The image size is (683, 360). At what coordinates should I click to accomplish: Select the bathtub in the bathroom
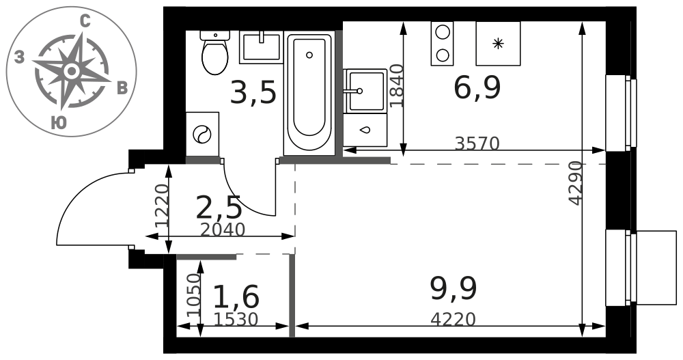click(x=309, y=93)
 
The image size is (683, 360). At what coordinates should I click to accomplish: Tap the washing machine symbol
click(x=202, y=134)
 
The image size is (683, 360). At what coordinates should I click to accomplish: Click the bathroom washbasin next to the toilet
click(x=260, y=47)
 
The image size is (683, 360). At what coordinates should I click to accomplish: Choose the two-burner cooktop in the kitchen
click(x=442, y=44)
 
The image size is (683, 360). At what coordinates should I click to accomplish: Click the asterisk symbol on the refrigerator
click(x=497, y=44)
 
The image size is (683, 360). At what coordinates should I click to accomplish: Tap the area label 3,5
click(x=253, y=94)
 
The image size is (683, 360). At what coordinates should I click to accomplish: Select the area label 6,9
click(x=477, y=89)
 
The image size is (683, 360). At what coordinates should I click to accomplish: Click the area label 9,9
click(x=454, y=289)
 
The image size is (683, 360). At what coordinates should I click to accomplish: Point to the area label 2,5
click(x=219, y=208)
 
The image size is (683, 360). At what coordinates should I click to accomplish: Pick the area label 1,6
click(x=236, y=296)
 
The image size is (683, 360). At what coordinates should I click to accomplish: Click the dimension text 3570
click(x=477, y=143)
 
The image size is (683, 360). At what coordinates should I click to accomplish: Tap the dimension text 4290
click(x=576, y=183)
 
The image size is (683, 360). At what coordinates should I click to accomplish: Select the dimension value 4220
click(x=453, y=320)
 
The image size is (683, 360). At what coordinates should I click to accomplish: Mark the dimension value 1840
click(x=398, y=86)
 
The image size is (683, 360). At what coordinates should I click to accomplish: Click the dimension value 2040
click(x=223, y=230)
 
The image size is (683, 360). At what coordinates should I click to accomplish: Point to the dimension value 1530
click(x=236, y=320)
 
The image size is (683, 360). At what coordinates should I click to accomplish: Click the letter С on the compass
click(x=86, y=22)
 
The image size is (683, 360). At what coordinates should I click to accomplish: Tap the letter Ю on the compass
click(x=59, y=123)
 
